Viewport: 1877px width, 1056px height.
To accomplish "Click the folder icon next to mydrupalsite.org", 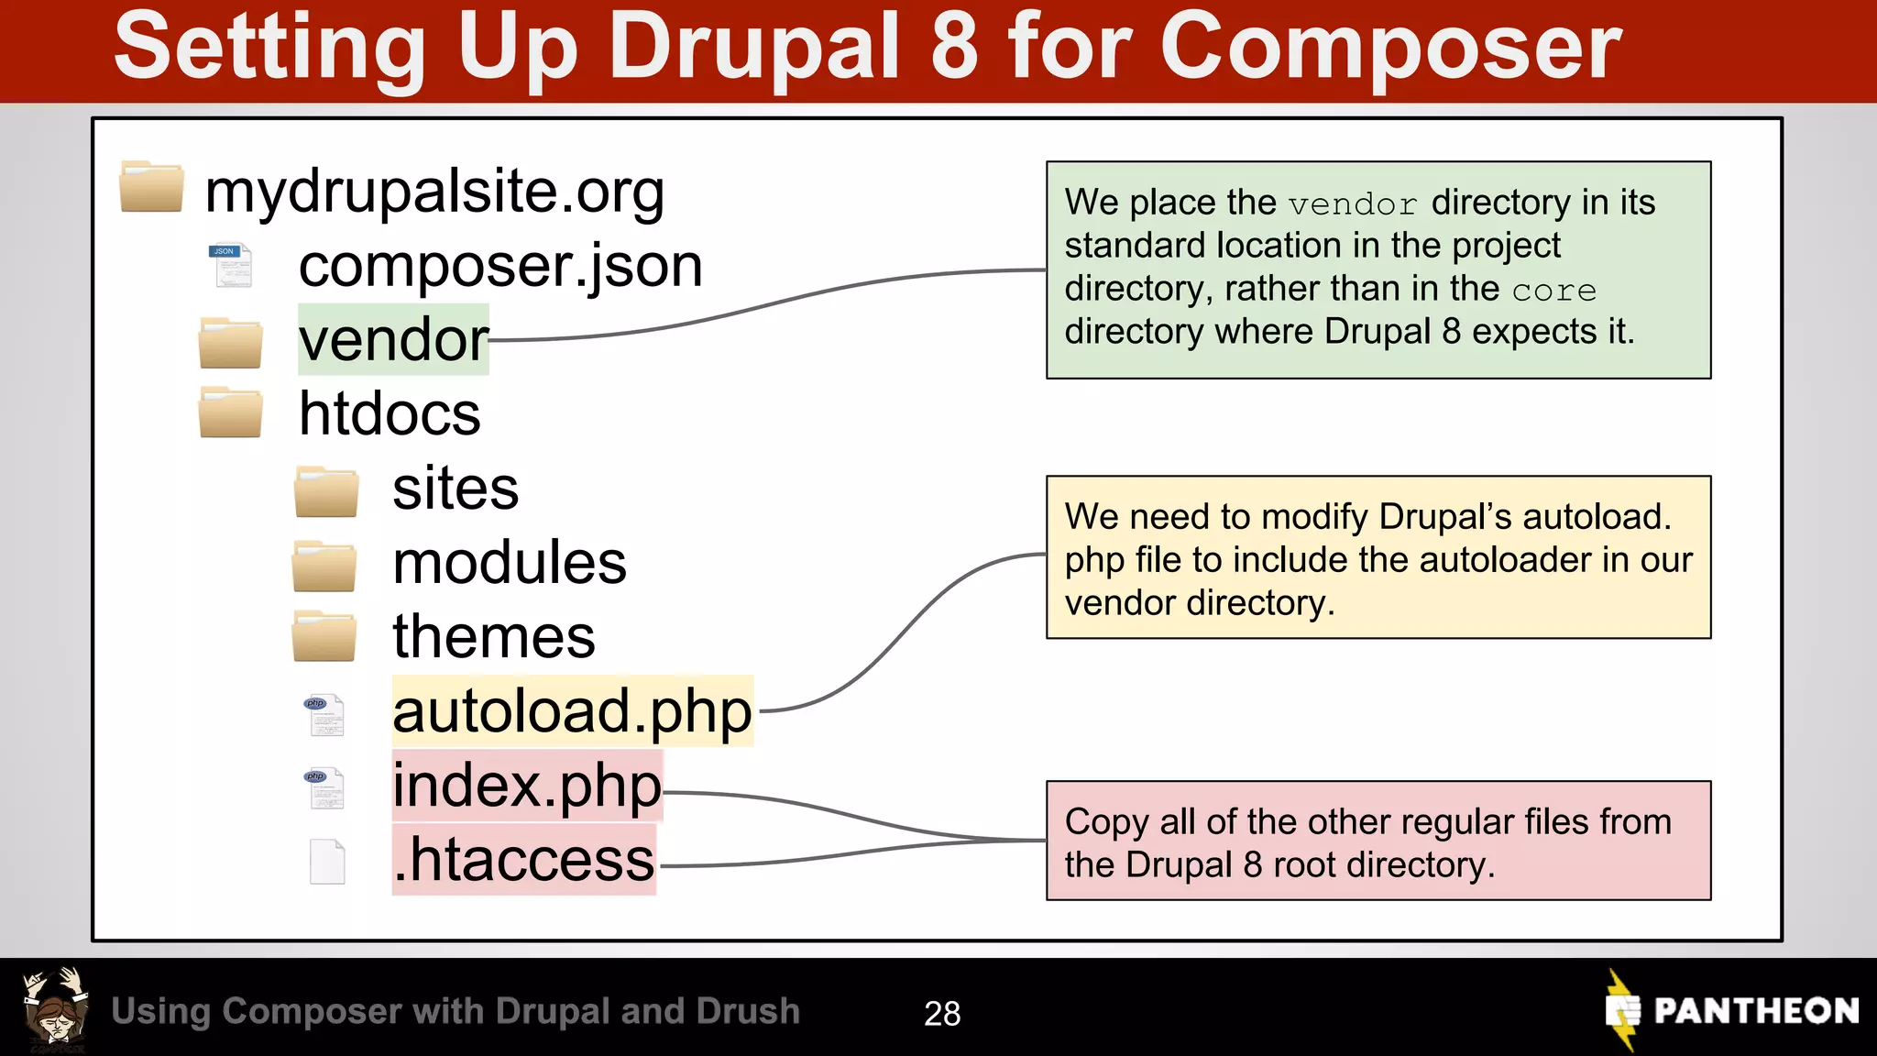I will [x=151, y=187].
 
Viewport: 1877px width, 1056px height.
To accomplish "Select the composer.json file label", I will [x=500, y=266].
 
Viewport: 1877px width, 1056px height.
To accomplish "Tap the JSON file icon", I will [x=231, y=265].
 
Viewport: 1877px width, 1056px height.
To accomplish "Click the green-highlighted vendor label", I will [x=393, y=340].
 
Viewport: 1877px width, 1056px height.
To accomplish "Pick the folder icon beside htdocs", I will [x=231, y=412].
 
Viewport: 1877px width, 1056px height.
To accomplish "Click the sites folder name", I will [x=456, y=488].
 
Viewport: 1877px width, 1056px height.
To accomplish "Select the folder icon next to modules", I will [x=324, y=566].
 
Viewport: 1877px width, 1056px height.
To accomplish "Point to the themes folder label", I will [x=494, y=636].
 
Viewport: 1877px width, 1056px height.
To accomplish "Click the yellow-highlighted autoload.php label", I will [x=572, y=711].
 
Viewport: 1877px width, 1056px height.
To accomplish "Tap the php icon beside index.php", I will [x=324, y=787].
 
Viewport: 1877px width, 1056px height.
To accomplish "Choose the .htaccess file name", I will [x=523, y=860].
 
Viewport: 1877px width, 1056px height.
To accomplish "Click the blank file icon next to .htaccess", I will [x=327, y=861].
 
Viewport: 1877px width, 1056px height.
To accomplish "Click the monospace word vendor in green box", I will [x=1353, y=204].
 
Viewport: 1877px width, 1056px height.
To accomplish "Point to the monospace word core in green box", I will [x=1553, y=291].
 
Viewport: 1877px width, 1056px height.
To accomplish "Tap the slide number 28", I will [x=942, y=1013].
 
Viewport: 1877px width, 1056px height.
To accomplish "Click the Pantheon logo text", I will [x=1755, y=1010].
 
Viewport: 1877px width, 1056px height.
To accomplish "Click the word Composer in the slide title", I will [x=1389, y=48].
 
